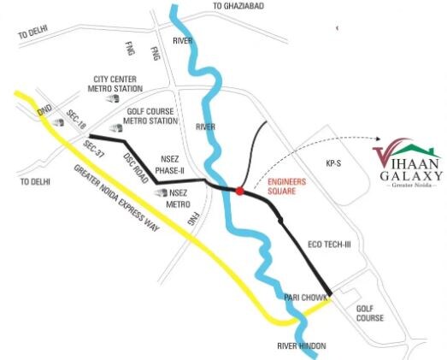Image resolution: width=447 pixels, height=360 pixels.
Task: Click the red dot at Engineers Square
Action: (240, 191)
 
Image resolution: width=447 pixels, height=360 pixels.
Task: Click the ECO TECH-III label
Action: (331, 245)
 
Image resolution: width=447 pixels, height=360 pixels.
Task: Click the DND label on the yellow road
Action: (44, 111)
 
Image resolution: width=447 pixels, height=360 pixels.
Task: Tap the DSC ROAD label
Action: (134, 162)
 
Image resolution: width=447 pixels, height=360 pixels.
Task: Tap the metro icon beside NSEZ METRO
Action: (161, 193)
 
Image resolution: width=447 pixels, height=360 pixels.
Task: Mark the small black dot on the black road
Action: (281, 221)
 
